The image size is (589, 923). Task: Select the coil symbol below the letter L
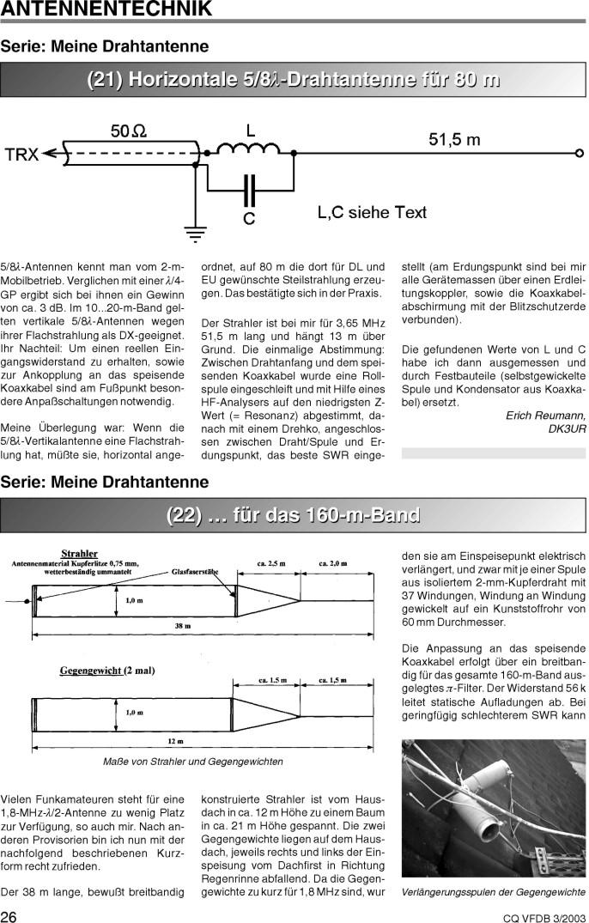point(250,151)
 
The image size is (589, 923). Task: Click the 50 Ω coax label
point(128,131)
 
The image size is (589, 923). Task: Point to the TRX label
point(21,155)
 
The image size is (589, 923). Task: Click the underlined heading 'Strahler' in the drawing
point(79,553)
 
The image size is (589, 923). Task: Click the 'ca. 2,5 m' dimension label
point(271,563)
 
